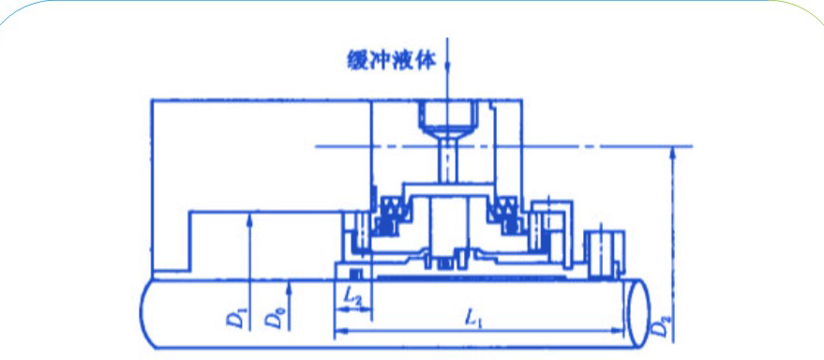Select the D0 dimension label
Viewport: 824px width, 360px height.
pyautogui.click(x=272, y=317)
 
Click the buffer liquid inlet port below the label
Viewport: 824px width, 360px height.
pyautogui.click(x=449, y=116)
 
